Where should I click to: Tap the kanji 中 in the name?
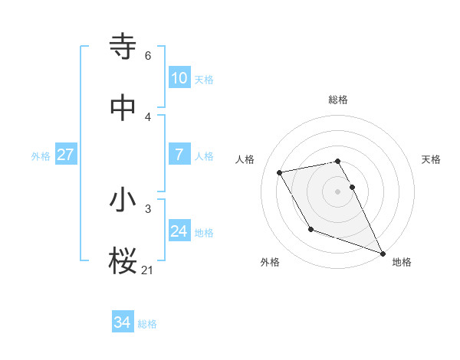point(123,108)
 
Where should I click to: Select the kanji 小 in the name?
point(123,201)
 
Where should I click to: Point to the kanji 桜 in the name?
point(123,262)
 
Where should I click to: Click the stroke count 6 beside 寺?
point(148,56)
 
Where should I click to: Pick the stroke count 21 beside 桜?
point(148,270)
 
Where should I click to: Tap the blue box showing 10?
point(179,78)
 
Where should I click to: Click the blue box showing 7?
point(179,155)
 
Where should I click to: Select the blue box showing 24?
point(179,231)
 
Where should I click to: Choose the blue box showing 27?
point(65,155)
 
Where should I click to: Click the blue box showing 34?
point(122,323)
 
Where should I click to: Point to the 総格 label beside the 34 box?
point(147,324)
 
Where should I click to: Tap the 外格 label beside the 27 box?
point(41,155)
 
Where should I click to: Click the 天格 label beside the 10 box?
point(203,79)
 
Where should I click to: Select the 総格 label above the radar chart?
point(338,100)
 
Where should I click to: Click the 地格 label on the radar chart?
point(402,262)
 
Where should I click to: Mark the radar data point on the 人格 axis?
point(280,173)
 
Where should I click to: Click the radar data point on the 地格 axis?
point(383,253)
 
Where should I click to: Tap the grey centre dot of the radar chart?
point(338,191)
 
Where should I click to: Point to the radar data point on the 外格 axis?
point(310,229)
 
